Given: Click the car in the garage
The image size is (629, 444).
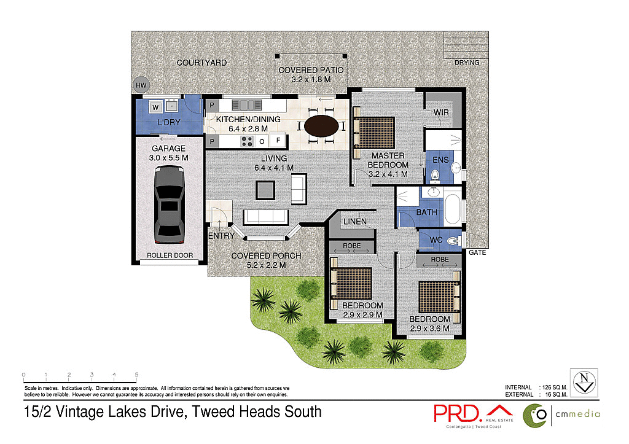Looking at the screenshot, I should [x=168, y=205].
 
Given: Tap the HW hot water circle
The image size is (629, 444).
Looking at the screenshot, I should [x=140, y=85].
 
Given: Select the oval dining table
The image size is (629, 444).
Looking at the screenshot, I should [x=321, y=126].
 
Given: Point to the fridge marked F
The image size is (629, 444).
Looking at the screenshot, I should [x=278, y=141].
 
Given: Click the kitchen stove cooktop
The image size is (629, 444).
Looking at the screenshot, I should [x=247, y=141].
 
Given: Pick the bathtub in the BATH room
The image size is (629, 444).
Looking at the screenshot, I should [x=454, y=209].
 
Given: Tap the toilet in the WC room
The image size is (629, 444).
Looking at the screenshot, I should [x=453, y=240].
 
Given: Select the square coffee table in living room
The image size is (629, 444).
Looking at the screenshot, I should [x=265, y=190].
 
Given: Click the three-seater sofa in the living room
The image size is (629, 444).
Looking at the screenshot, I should [x=266, y=217].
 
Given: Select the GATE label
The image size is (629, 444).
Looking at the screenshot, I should [x=477, y=252].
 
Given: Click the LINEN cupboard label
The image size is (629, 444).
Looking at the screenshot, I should [x=355, y=221].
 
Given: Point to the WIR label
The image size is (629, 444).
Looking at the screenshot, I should [x=440, y=112].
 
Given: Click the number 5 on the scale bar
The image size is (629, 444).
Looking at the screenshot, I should [x=136, y=374].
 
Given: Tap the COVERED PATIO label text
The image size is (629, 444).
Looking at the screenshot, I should [x=311, y=70].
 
